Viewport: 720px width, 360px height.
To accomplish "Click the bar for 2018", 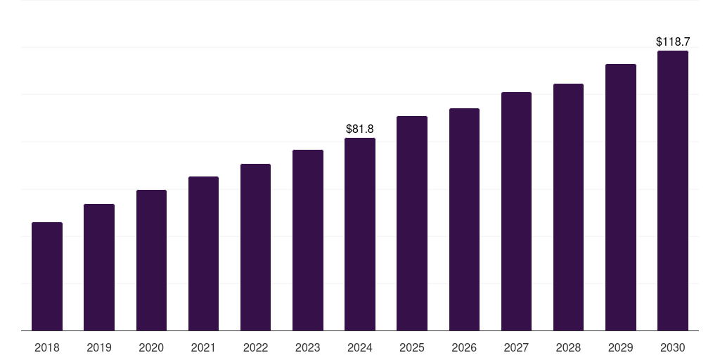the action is [x=47, y=276].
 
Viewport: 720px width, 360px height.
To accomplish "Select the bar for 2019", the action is [x=99, y=267].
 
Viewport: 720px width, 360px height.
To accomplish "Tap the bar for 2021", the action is [x=203, y=253].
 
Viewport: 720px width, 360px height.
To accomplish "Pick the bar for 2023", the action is [x=308, y=240].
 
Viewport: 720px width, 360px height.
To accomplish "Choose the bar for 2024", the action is [x=360, y=234].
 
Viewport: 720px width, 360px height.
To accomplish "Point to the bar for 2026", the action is [x=464, y=219].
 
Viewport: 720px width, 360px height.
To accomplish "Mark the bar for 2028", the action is [x=568, y=207].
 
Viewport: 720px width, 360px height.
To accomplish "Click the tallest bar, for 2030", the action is [x=673, y=191].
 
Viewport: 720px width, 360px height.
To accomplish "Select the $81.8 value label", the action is [x=360, y=129].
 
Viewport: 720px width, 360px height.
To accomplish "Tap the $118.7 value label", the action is [x=673, y=41].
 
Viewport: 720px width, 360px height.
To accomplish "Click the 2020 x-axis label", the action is [x=151, y=347].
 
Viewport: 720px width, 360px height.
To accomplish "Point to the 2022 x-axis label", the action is [x=255, y=347].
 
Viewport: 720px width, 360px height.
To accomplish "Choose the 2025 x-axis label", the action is [x=412, y=347].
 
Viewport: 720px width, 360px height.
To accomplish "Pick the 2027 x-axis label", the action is [x=516, y=347].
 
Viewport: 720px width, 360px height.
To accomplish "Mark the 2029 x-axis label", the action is [x=620, y=347].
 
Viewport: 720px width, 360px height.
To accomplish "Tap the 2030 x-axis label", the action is [x=673, y=347].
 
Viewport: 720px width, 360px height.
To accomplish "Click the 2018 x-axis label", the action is [x=47, y=347].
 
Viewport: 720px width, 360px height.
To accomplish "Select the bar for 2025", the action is [x=412, y=223].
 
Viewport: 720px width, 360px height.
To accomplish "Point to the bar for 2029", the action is [x=621, y=198].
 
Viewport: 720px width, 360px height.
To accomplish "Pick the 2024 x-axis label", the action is [x=360, y=347].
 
